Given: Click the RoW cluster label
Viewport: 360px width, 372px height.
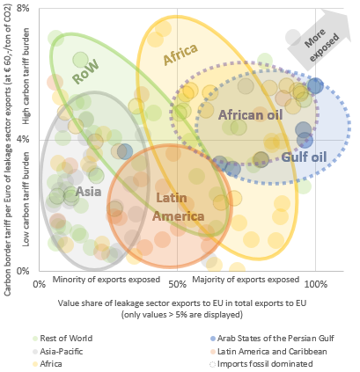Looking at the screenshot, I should [x=85, y=72].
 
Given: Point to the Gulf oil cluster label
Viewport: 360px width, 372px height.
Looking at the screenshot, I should [x=304, y=157].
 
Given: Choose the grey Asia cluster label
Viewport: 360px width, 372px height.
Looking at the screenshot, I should [x=87, y=191].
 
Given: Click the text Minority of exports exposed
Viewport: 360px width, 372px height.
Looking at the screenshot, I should [x=106, y=279].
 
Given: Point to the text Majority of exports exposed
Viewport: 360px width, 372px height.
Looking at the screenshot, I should [x=246, y=279].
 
